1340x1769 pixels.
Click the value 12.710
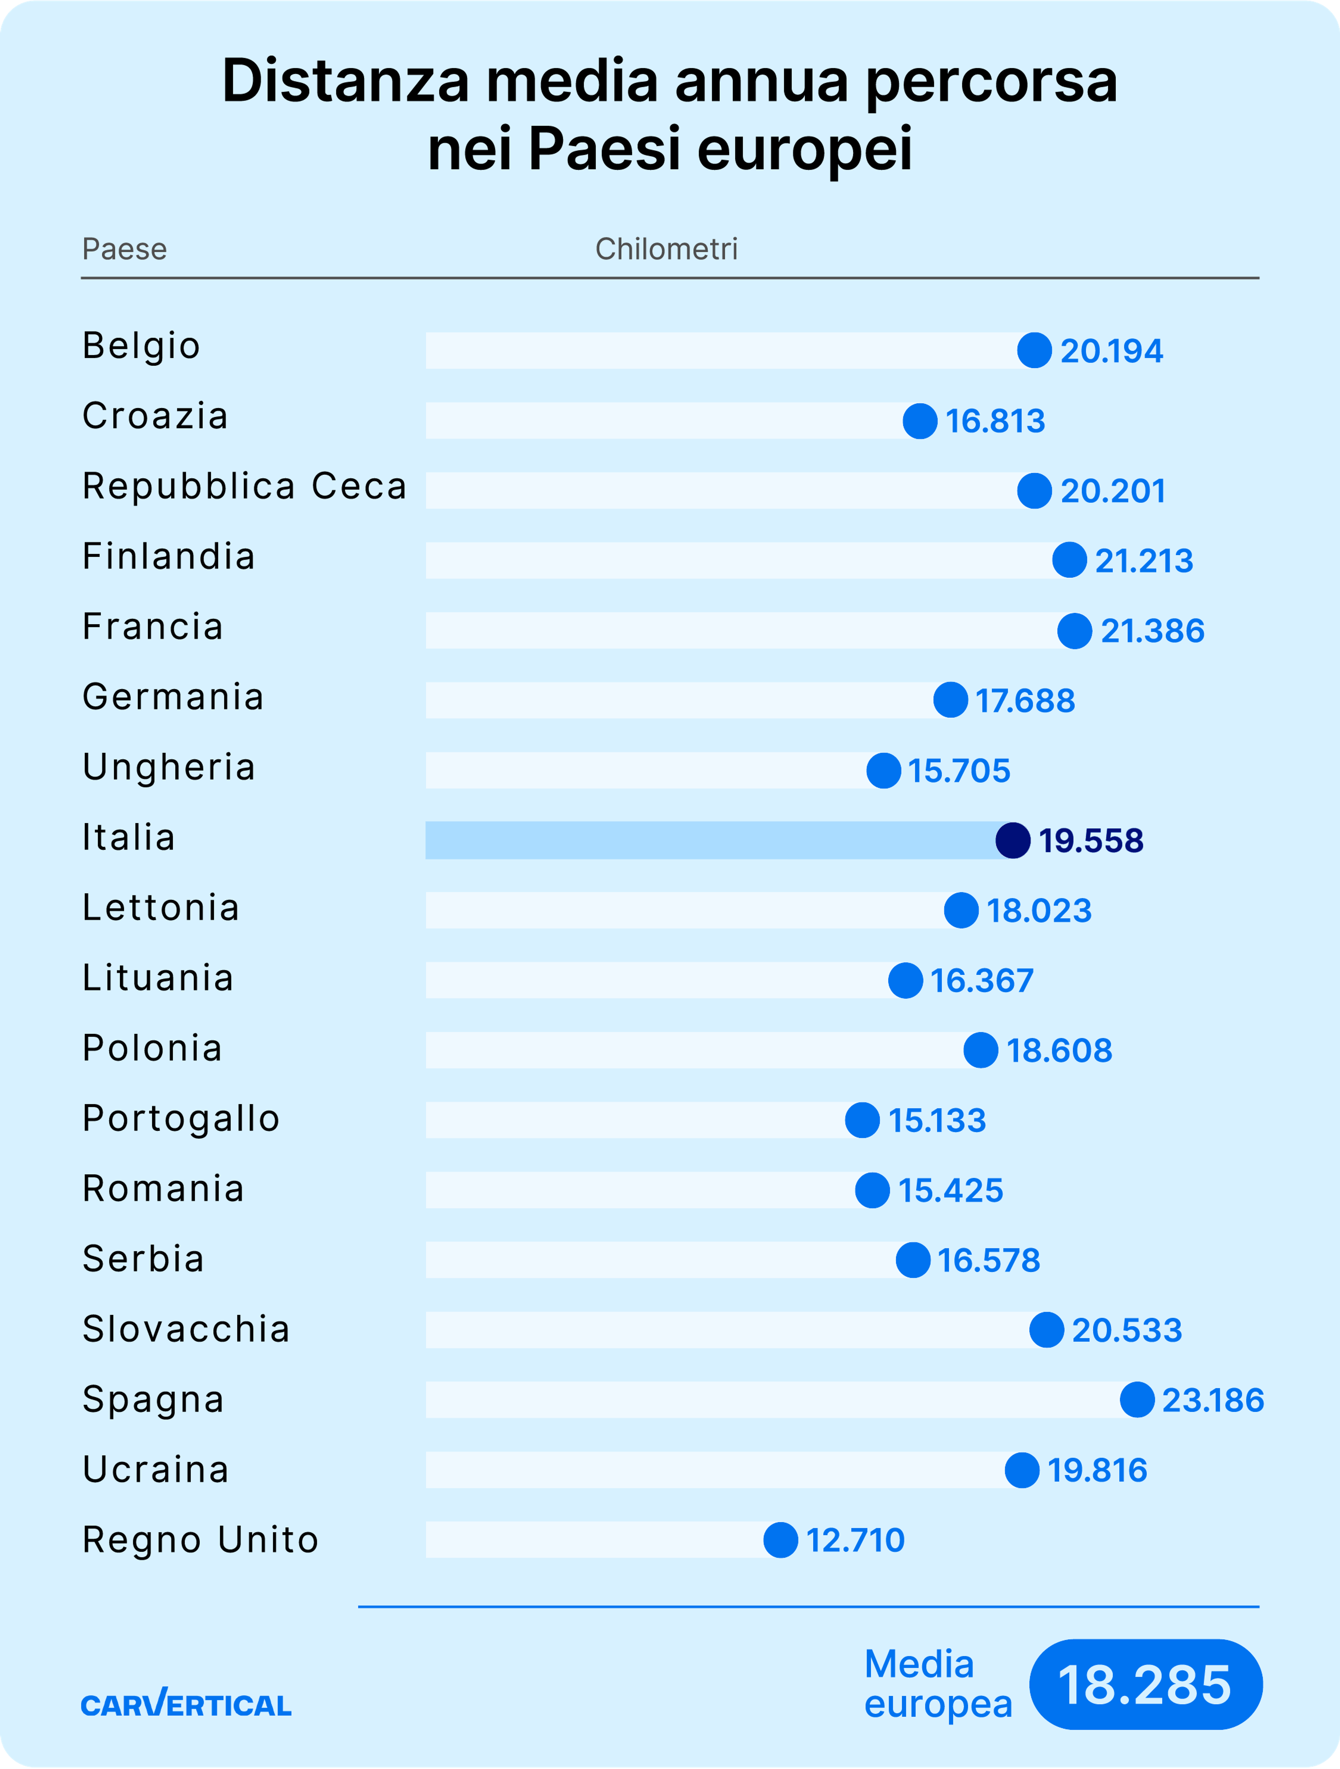point(855,1540)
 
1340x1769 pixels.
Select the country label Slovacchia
point(186,1329)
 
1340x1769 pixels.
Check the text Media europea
point(938,1685)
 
